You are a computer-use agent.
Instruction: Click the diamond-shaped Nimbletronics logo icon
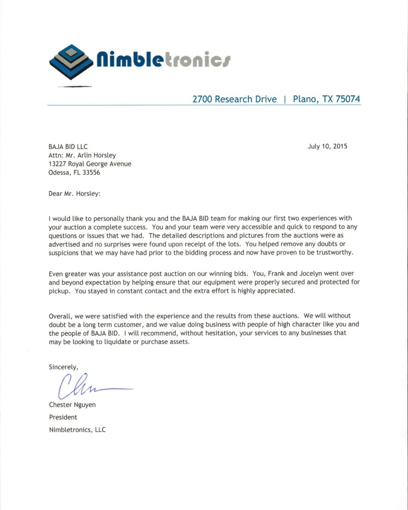[71, 62]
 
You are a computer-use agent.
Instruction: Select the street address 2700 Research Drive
[234, 99]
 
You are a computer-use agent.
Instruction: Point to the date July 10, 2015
[327, 146]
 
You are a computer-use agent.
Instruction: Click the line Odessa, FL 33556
[74, 172]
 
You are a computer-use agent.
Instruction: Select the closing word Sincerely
[63, 367]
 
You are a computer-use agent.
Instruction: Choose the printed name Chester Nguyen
[73, 405]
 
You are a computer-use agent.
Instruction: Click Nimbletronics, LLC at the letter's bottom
[77, 429]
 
